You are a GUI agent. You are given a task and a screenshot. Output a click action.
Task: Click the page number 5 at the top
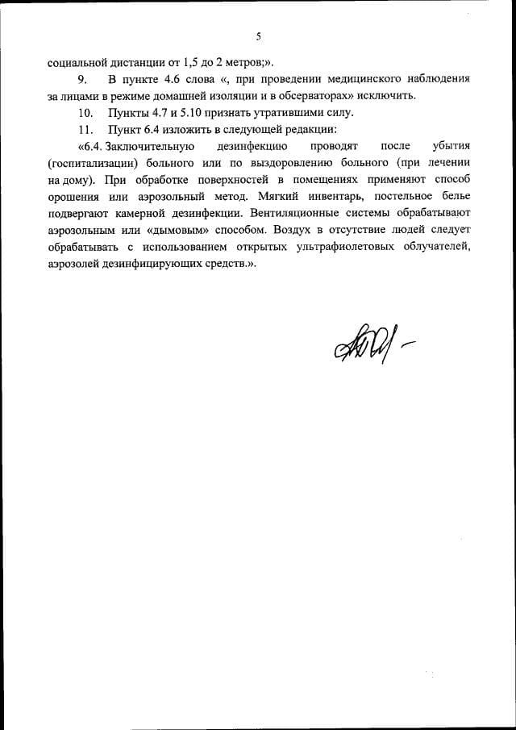click(258, 36)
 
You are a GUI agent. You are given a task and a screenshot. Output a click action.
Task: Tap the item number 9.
click(81, 79)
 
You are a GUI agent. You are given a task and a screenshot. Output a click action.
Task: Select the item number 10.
click(85, 112)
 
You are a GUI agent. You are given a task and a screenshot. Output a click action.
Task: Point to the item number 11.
click(85, 129)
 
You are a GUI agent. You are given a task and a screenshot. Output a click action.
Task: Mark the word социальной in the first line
click(76, 61)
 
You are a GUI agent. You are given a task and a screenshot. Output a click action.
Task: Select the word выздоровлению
click(307, 163)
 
